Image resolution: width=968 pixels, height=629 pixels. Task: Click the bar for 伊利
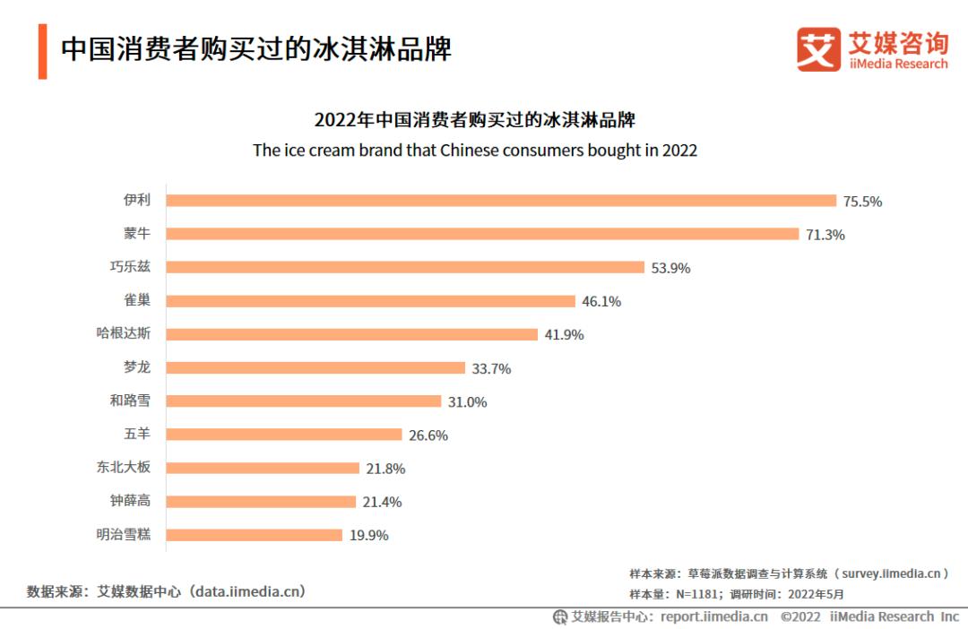tap(501, 201)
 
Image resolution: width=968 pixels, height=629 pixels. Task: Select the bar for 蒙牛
tap(482, 234)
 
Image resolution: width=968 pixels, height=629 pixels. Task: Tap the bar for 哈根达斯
tap(351, 334)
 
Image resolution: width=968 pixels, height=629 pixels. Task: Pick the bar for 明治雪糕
tap(255, 535)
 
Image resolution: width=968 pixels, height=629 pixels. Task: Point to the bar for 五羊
tap(284, 435)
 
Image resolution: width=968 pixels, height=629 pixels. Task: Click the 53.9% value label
tap(670, 268)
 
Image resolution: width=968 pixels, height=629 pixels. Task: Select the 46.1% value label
tap(601, 301)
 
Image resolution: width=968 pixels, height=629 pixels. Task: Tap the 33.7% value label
tap(491, 368)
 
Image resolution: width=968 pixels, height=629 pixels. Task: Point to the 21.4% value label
tap(382, 502)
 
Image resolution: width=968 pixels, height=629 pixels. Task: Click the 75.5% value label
tap(862, 202)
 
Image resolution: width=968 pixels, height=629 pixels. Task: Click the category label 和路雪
tap(130, 401)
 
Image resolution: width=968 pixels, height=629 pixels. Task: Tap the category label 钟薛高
tap(130, 501)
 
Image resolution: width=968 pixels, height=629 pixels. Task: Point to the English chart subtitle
tap(475, 151)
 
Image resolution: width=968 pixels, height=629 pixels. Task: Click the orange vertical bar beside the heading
tap(42, 50)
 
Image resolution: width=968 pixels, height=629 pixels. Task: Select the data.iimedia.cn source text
tap(251, 591)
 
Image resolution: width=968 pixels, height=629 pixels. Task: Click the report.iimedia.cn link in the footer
tap(713, 616)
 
